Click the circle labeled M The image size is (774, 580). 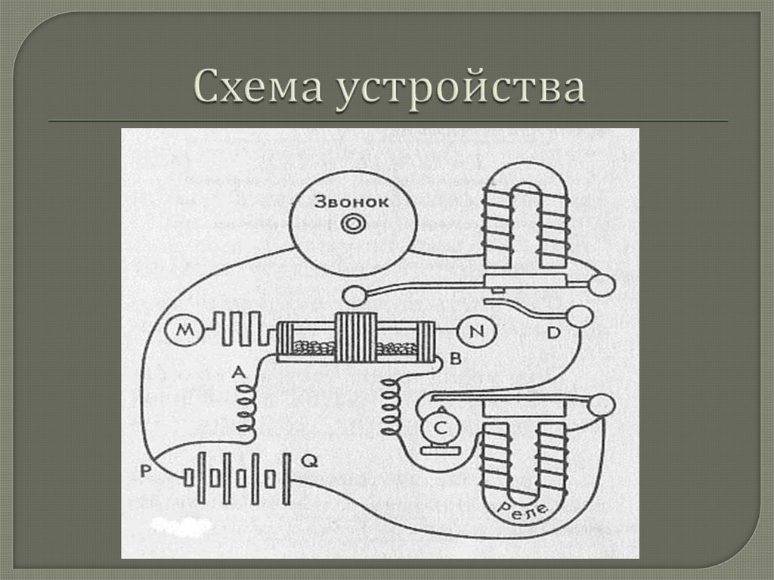pos(182,331)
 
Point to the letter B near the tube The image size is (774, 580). pos(455,358)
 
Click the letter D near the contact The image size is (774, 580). pos(554,333)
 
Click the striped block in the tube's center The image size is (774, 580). pos(356,337)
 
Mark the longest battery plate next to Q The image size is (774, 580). pos(287,479)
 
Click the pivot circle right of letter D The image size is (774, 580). pos(580,317)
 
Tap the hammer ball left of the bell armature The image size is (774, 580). pos(353,293)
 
